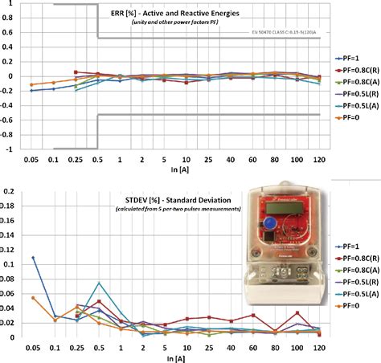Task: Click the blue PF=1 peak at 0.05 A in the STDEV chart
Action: (33, 258)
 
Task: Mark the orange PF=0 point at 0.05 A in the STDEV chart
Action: (33, 298)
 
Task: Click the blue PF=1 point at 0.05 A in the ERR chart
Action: (32, 91)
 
